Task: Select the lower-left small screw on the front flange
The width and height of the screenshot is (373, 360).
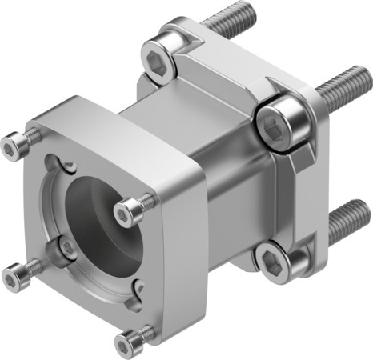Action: (x=14, y=276)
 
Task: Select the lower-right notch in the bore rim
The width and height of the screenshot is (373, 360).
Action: (x=136, y=284)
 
